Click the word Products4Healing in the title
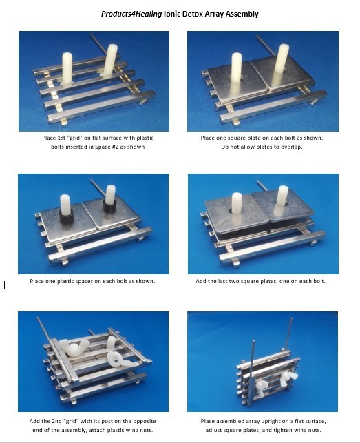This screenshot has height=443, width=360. tap(131, 14)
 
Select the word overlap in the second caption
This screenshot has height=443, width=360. tap(291, 147)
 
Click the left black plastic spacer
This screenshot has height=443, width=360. tap(67, 217)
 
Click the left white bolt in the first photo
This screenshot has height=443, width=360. tap(67, 68)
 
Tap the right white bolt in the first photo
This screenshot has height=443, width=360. tap(110, 60)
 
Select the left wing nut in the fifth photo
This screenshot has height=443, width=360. tap(71, 347)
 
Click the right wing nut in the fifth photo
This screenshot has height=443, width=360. tap(120, 358)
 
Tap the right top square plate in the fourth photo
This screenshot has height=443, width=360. tap(284, 204)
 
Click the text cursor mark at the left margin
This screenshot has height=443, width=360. tap(5, 285)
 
